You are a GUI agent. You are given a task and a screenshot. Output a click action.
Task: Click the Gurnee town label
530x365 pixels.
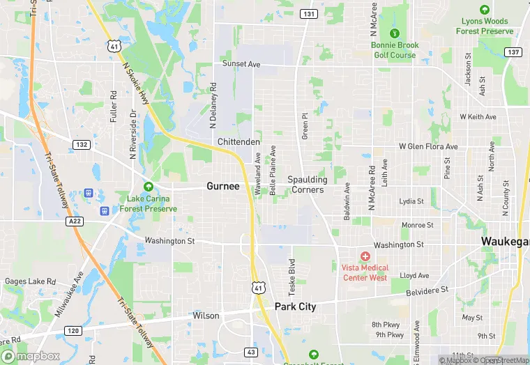(x=223, y=186)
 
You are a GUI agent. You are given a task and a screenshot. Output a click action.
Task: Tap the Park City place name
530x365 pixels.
(x=295, y=306)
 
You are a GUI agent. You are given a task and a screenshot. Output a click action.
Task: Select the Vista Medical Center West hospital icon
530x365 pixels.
(x=365, y=257)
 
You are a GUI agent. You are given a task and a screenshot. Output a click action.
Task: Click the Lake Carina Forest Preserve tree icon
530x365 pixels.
(x=148, y=187)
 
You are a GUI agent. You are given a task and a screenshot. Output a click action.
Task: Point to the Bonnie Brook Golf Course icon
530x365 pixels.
(x=394, y=33)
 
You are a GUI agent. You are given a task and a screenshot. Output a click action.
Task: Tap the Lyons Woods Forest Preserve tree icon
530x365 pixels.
(x=485, y=10)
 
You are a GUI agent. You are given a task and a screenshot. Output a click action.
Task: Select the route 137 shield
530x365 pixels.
(x=514, y=52)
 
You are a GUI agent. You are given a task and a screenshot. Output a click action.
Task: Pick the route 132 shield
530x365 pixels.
(x=80, y=144)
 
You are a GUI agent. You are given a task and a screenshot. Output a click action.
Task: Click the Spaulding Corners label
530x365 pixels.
(x=308, y=185)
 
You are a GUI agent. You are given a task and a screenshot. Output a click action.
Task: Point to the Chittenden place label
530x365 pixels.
(x=238, y=141)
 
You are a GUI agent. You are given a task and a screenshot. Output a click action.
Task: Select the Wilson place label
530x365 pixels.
(x=206, y=316)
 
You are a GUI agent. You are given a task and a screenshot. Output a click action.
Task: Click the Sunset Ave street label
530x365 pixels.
(x=241, y=64)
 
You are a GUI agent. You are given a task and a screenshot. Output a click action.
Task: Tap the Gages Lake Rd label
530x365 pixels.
(x=30, y=281)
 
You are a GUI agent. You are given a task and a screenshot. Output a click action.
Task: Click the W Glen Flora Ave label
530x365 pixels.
(x=428, y=147)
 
